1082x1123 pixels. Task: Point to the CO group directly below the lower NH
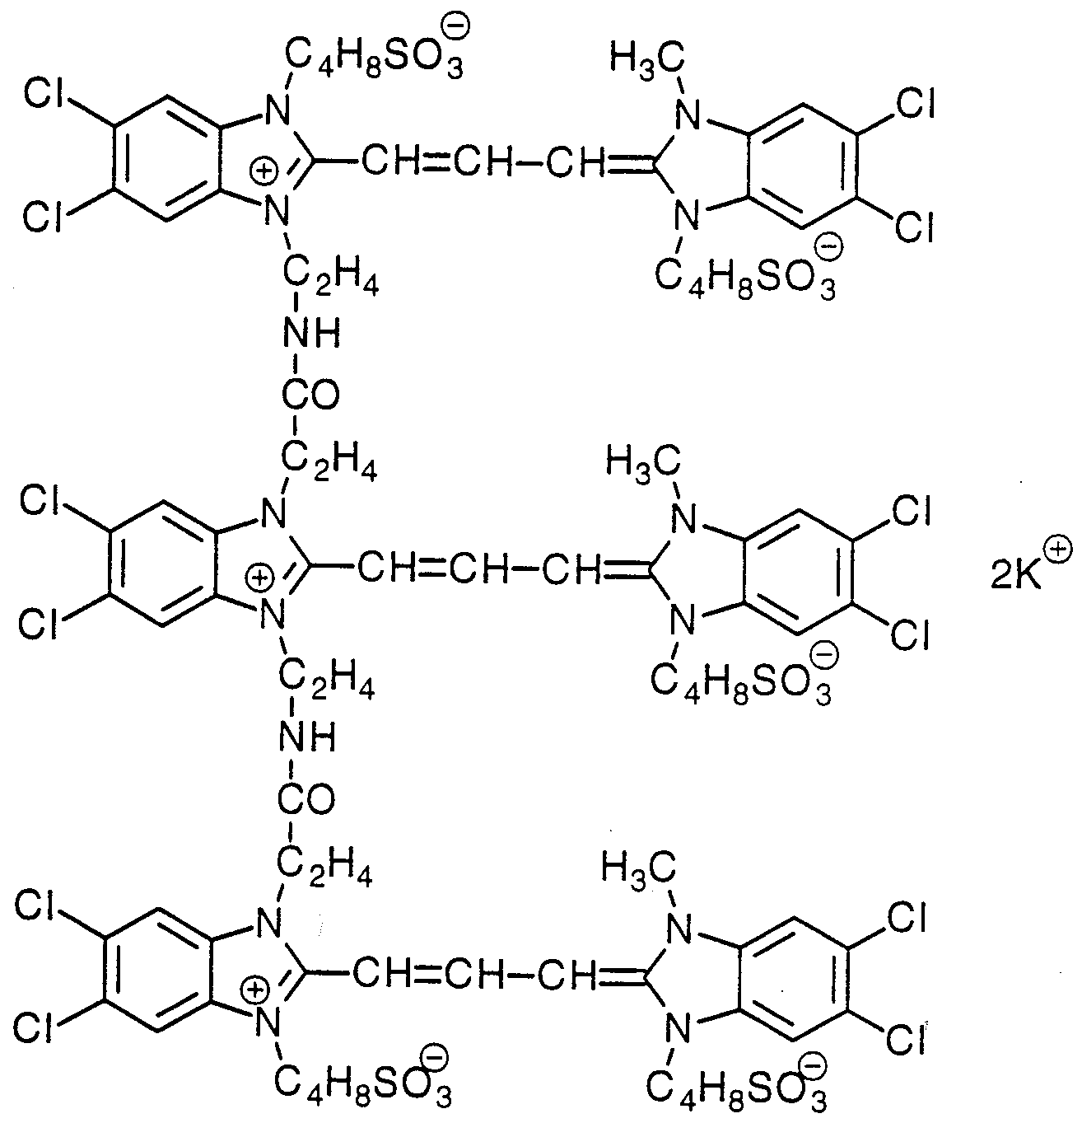pos(305,799)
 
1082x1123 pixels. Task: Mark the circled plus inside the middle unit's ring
pos(259,576)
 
